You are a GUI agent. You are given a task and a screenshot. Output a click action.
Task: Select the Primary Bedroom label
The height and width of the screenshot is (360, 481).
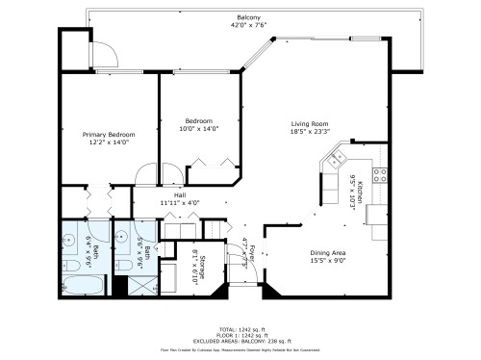(x=108, y=134)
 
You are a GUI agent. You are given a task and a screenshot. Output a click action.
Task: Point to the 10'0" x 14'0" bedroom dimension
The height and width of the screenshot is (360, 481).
(x=199, y=128)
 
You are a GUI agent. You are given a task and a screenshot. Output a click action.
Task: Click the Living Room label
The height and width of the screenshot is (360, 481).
(x=311, y=123)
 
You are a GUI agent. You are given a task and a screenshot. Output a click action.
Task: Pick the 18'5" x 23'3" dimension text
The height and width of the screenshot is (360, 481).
(x=311, y=132)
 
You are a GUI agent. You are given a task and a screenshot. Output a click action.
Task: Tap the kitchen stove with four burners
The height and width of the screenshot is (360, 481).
(x=379, y=175)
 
